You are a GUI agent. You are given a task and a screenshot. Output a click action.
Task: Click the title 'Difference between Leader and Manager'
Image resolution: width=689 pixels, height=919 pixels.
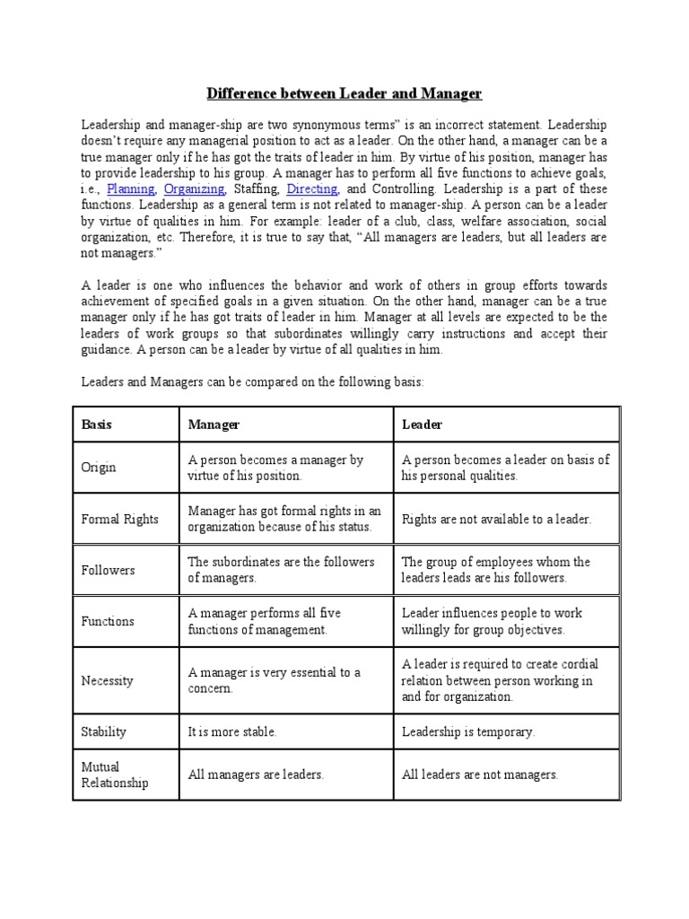click(x=344, y=93)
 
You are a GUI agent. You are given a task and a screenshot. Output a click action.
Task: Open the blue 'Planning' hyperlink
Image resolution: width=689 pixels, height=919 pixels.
click(x=131, y=189)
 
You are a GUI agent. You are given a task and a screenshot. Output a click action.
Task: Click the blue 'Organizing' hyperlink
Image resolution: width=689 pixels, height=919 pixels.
click(x=194, y=189)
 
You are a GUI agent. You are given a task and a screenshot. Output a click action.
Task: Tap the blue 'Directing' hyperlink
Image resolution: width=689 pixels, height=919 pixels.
click(x=311, y=189)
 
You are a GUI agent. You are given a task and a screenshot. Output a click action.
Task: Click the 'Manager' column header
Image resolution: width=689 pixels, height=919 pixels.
click(x=214, y=424)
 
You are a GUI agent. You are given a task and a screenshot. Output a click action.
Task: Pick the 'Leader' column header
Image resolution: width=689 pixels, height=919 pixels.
click(x=422, y=424)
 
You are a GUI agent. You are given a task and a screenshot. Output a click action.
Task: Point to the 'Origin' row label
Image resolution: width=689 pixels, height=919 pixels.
click(x=99, y=468)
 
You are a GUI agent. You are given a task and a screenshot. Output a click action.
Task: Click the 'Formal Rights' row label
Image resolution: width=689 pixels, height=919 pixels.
click(x=119, y=519)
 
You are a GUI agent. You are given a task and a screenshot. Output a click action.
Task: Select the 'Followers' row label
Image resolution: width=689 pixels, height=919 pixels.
click(x=108, y=570)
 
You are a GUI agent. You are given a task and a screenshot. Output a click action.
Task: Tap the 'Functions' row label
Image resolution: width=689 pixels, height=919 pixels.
click(x=108, y=621)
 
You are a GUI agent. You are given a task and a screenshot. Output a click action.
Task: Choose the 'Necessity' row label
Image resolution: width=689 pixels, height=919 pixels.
click(x=107, y=680)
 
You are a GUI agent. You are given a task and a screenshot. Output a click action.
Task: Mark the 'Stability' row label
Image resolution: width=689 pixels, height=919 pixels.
click(x=104, y=731)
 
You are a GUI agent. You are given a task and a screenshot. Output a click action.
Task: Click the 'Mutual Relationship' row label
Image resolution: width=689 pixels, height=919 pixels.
click(x=114, y=775)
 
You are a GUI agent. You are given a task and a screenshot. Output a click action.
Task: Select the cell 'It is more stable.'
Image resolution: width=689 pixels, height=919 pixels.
click(x=232, y=731)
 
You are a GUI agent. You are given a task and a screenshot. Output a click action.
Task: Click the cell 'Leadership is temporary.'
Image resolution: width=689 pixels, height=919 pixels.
click(x=468, y=731)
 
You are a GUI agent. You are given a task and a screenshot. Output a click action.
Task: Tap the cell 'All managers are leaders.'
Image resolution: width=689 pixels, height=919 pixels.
click(x=256, y=775)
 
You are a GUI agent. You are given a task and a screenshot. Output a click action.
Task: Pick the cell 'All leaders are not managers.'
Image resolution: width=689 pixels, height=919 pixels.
click(x=480, y=775)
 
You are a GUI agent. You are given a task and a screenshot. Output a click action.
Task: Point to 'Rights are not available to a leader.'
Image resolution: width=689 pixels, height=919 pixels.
click(x=497, y=519)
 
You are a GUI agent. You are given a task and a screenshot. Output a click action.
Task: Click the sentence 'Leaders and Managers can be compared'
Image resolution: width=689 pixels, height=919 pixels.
click(x=252, y=381)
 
